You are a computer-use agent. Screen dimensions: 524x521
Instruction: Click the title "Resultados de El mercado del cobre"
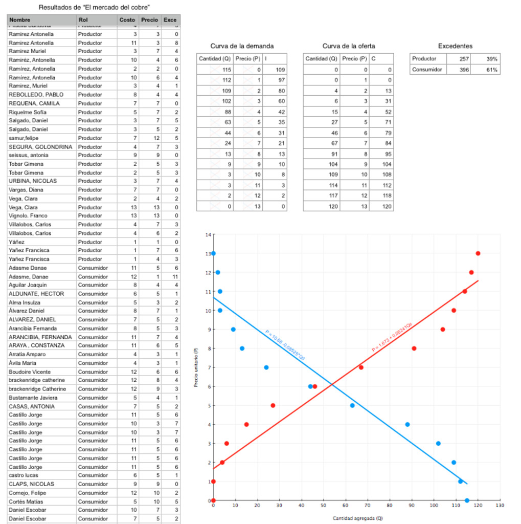[95, 7]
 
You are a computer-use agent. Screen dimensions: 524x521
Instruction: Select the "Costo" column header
[127, 20]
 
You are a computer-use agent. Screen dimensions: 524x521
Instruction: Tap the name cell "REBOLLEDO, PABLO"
[36, 95]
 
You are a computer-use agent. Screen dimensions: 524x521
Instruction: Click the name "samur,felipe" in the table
[23, 138]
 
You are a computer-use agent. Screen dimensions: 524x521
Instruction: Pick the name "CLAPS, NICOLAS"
[31, 484]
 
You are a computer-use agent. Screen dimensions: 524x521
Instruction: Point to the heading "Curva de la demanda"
[242, 46]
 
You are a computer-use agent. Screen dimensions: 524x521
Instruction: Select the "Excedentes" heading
[455, 46]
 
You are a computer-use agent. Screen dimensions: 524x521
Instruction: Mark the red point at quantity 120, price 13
[478, 253]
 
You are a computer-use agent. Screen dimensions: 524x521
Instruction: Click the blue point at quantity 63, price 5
[352, 405]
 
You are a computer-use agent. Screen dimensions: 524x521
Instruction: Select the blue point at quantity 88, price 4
[407, 424]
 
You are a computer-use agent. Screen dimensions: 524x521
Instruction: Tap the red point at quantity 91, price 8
[414, 348]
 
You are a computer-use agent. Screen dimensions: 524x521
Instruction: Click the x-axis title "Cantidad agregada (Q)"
[357, 518]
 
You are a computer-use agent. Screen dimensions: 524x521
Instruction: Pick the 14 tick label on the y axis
[208, 234]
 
